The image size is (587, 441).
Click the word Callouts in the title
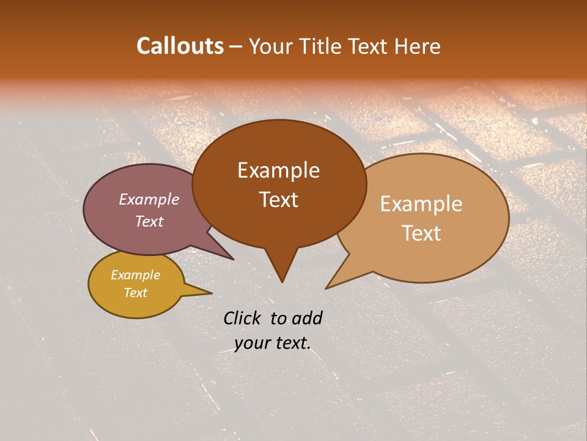pyautogui.click(x=180, y=46)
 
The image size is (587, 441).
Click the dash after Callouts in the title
pyautogui.click(x=236, y=47)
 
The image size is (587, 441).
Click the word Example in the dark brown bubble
pyautogui.click(x=278, y=170)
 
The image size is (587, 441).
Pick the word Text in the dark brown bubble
pyautogui.click(x=278, y=200)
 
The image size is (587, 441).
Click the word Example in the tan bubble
pyautogui.click(x=421, y=204)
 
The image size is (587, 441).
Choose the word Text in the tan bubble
pyautogui.click(x=421, y=233)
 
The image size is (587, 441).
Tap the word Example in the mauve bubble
pyautogui.click(x=149, y=199)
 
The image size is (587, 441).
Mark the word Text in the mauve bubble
pyautogui.click(x=149, y=221)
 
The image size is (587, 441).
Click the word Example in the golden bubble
pyautogui.click(x=135, y=275)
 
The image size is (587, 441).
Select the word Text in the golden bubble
pyautogui.click(x=135, y=293)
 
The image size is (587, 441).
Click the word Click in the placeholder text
pyautogui.click(x=243, y=318)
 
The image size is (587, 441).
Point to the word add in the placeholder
pyautogui.click(x=307, y=318)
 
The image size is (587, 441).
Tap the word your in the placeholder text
pyautogui.click(x=252, y=344)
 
